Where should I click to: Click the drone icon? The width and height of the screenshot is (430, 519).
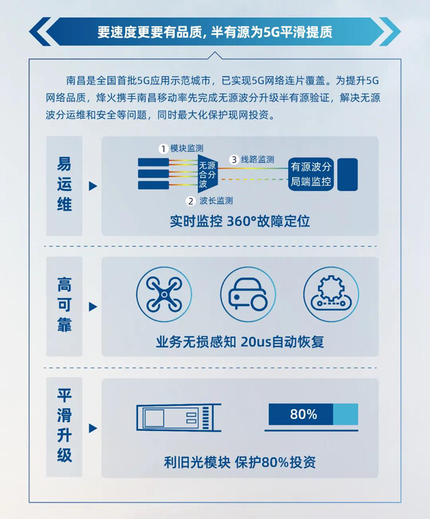pos(164,294)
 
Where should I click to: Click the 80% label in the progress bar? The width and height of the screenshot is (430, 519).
pos(303,414)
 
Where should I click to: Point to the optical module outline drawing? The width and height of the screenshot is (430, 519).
pos(179,418)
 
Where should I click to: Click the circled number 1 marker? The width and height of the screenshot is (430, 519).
pos(163,149)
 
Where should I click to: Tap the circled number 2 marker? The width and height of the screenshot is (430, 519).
pos(190,201)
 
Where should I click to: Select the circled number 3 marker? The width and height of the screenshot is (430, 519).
pos(234,160)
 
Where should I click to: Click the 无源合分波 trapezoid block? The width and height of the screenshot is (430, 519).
pos(207,174)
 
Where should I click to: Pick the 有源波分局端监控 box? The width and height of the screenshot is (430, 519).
pos(311,174)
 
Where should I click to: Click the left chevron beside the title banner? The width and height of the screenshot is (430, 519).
pos(40,31)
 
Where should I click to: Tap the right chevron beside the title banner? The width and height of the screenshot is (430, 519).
pos(390,31)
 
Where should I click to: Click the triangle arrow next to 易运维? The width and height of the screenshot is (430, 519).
pos(93,186)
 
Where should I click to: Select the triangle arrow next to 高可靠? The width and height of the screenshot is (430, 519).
pos(93,307)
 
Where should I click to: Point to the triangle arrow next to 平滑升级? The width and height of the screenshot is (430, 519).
pos(93,428)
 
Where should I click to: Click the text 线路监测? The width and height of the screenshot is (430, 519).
pos(257,160)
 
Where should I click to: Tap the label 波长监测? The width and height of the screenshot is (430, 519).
pos(216,201)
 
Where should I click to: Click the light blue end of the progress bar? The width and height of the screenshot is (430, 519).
pos(346,414)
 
